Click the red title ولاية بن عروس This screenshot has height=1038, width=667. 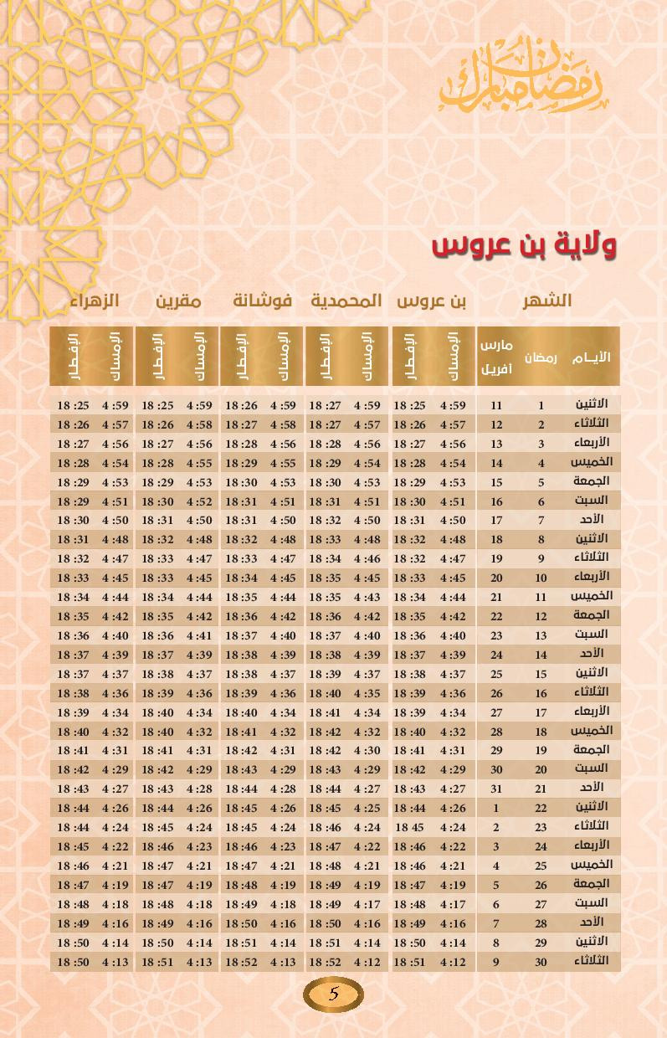pyautogui.click(x=524, y=245)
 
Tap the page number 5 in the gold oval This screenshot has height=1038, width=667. pyautogui.click(x=333, y=994)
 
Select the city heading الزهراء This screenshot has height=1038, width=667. pyautogui.click(x=94, y=301)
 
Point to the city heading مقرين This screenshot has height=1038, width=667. pyautogui.click(x=177, y=301)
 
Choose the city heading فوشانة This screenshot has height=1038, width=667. pyautogui.click(x=262, y=301)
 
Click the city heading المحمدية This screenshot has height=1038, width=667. pyautogui.click(x=346, y=301)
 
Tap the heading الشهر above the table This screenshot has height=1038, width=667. pyautogui.click(x=547, y=301)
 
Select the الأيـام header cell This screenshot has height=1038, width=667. pyautogui.click(x=591, y=357)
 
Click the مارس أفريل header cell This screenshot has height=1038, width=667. pyautogui.click(x=496, y=357)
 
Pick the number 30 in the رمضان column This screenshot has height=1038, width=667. pyautogui.click(x=541, y=962)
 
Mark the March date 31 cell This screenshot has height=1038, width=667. pyautogui.click(x=496, y=789)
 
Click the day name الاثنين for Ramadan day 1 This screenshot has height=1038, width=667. pyautogui.click(x=593, y=403)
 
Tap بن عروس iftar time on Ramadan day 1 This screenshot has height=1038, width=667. pyautogui.click(x=410, y=405)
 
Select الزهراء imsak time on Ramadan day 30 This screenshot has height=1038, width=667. pyautogui.click(x=115, y=962)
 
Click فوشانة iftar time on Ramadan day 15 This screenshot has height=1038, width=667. pyautogui.click(x=241, y=674)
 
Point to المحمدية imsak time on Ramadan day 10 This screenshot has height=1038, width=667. pyautogui.click(x=367, y=578)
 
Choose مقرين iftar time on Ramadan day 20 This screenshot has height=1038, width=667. pyautogui.click(x=157, y=769)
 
